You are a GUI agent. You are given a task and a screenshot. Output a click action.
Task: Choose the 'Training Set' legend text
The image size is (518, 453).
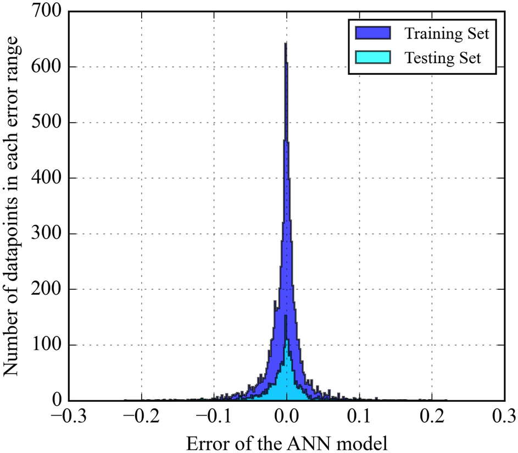click(x=447, y=34)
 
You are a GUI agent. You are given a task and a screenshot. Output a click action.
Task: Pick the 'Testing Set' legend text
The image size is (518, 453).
click(x=443, y=57)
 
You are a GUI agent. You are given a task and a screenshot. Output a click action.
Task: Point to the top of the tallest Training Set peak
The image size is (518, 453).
click(x=286, y=44)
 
